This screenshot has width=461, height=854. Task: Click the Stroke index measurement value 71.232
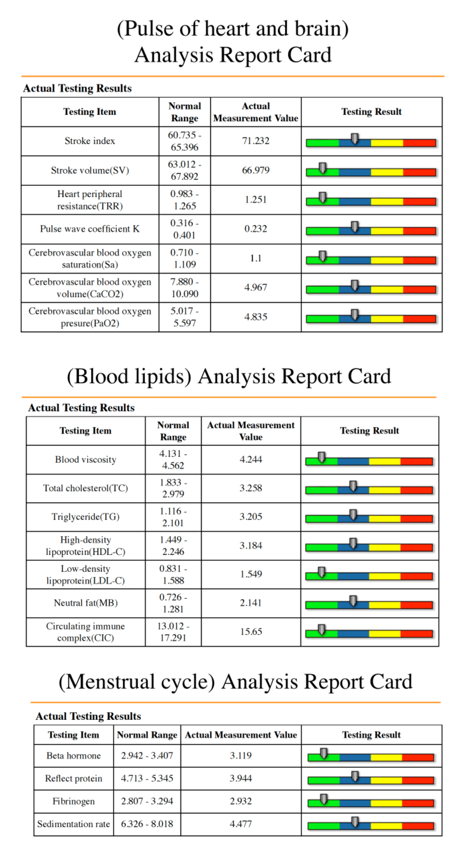coord(256,141)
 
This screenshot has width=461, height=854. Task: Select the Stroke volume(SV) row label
coord(90,170)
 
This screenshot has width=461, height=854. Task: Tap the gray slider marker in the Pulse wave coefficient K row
coord(354,226)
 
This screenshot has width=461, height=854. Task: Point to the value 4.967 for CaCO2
coord(256,287)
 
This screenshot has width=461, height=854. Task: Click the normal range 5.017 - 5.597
coord(184,317)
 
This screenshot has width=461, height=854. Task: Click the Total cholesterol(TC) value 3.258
coord(251,488)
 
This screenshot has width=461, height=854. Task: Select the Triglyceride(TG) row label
coord(86,516)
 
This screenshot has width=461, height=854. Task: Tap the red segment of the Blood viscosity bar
coord(416,462)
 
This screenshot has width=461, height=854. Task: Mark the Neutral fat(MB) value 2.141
coord(251,603)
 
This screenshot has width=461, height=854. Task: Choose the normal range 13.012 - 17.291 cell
coord(173,632)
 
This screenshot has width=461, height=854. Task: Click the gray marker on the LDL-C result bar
coord(322,572)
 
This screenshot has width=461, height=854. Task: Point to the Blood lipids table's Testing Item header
coord(86,430)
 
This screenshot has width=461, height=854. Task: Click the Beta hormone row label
coord(74,755)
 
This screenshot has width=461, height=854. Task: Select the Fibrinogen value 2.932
coord(241,801)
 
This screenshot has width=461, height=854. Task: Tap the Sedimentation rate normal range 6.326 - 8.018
coord(147,824)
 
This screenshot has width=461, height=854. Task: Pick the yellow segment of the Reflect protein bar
coord(386,780)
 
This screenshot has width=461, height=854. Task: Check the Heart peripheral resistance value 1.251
coord(256,199)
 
